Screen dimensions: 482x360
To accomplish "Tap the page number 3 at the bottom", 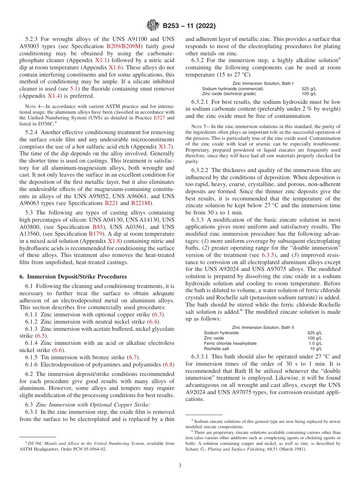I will pos(180,466).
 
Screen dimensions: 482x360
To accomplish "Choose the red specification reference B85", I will pos(98,227).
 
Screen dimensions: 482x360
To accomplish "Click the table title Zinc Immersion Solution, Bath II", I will pos(263,327).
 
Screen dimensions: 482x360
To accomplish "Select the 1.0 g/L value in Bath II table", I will pos(315,343).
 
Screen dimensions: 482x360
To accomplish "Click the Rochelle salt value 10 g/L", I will pos(316,349).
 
